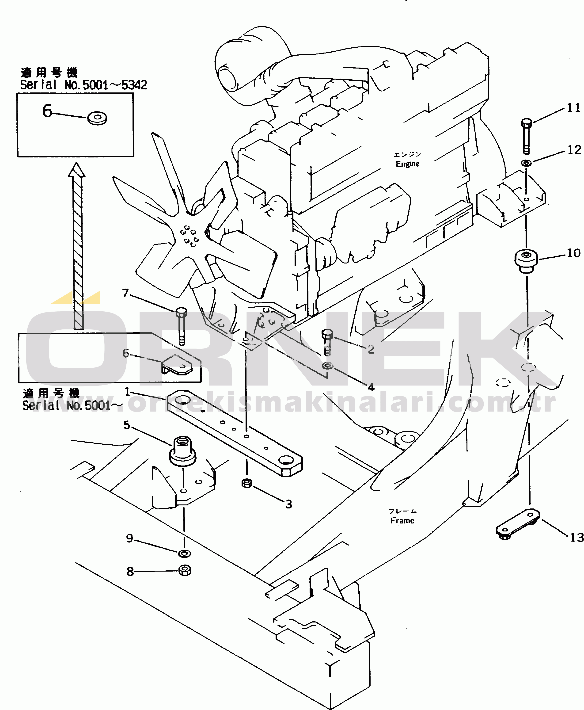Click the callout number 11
point(574,108)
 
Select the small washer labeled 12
point(526,163)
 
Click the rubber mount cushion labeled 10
point(526,260)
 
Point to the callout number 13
point(576,537)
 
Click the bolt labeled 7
point(181,325)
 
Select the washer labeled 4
point(327,365)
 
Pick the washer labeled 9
point(184,553)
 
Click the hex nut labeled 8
point(184,570)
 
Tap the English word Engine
point(407,164)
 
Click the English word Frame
point(402,521)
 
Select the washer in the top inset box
point(97,118)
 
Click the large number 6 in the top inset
point(47,111)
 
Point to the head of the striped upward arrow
point(77,170)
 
